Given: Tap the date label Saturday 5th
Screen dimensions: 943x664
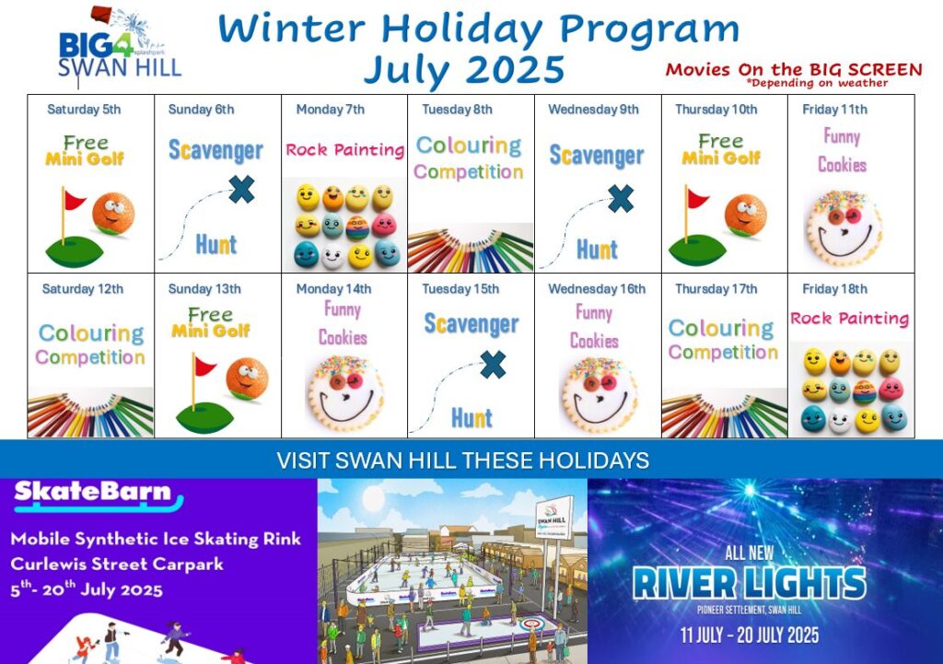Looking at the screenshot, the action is click(84, 110).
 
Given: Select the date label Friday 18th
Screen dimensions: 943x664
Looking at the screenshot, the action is click(834, 289).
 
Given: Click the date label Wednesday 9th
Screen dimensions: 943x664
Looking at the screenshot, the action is click(593, 110).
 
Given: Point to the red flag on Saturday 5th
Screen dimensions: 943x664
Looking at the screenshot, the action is click(74, 200).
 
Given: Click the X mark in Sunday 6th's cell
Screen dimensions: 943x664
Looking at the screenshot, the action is click(242, 190).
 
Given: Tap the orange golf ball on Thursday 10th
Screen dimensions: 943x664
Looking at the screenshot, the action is click(745, 214).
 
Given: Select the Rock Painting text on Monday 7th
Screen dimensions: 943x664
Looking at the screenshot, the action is click(344, 150).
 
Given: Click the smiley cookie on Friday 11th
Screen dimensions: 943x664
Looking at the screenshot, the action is click(844, 228).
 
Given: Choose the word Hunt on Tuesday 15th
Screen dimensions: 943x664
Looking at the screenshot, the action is click(472, 418).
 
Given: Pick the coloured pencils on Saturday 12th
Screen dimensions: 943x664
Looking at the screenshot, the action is click(90, 414).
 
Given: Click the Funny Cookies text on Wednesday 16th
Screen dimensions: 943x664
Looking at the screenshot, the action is click(594, 327).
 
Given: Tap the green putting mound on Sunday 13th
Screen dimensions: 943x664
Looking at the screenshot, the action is click(204, 417).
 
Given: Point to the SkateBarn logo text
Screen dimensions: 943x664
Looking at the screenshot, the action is click(93, 492).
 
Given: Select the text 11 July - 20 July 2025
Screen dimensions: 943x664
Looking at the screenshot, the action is click(750, 635).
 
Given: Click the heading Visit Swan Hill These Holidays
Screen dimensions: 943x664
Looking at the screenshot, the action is click(462, 460).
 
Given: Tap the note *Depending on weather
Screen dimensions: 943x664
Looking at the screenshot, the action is click(817, 83).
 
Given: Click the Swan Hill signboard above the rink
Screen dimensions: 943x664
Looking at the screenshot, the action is click(553, 518).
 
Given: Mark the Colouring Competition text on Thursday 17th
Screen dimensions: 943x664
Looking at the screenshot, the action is click(722, 340).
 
